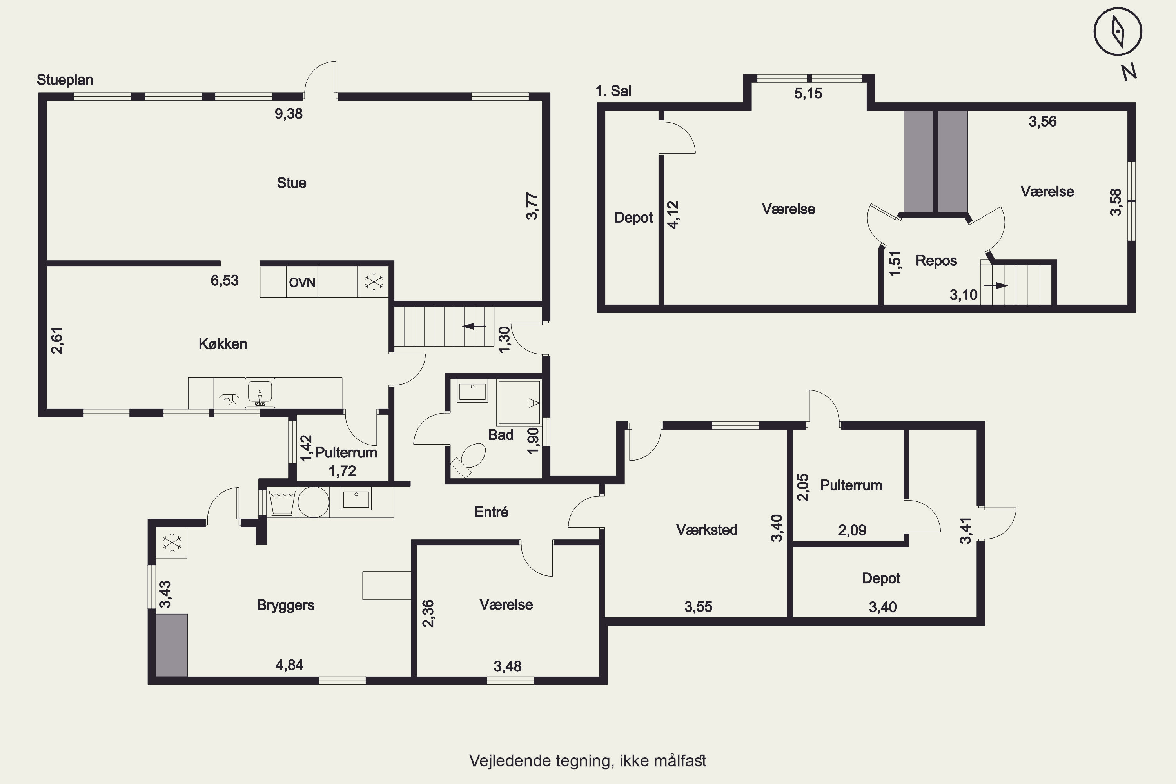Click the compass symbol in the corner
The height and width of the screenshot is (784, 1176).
click(1118, 31)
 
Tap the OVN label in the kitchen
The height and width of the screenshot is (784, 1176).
click(302, 283)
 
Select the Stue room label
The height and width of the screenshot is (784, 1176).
click(292, 183)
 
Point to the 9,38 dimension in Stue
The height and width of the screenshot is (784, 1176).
click(289, 114)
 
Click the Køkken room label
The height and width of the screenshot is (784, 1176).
click(223, 344)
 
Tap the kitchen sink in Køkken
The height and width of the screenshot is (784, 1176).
click(260, 392)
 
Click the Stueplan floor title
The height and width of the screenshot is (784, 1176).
click(65, 80)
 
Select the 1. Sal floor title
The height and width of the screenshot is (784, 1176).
click(613, 91)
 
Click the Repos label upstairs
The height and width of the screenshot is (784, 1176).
click(936, 261)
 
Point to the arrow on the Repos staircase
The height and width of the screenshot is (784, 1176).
click(996, 285)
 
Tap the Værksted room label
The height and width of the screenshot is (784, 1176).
click(706, 530)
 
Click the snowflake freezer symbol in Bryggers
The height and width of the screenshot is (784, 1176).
click(172, 543)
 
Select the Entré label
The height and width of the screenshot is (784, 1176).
click(491, 512)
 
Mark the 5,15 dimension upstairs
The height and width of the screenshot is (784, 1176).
click(808, 94)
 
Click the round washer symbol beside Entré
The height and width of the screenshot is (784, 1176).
click(314, 502)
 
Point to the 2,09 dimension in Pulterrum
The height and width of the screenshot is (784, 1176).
click(852, 530)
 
